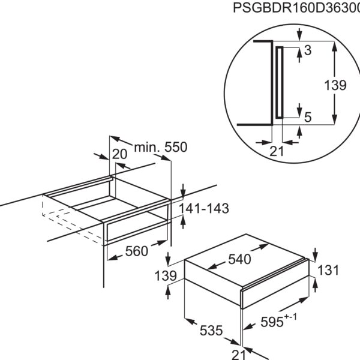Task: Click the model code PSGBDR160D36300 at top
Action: pos(296,8)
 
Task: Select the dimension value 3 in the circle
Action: pos(308,50)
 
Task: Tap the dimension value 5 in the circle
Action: pos(308,118)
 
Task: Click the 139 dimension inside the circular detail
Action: pos(335,85)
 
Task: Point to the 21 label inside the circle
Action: pos(277,151)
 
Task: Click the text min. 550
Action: pos(161,147)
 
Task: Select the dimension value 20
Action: pos(119,154)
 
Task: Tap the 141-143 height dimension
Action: pos(204,208)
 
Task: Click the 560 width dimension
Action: pos(137,251)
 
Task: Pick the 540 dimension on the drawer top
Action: pos(239,259)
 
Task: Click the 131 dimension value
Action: pos(328,270)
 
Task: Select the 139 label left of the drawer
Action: pos(166,276)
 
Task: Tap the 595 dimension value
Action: pos(272,322)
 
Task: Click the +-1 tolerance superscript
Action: pos(290,317)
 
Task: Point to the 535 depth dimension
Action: pos(211,331)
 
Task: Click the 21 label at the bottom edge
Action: pos(239,355)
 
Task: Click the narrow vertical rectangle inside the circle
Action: pos(280,83)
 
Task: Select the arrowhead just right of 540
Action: pos(264,246)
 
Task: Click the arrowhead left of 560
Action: pos(112,258)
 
